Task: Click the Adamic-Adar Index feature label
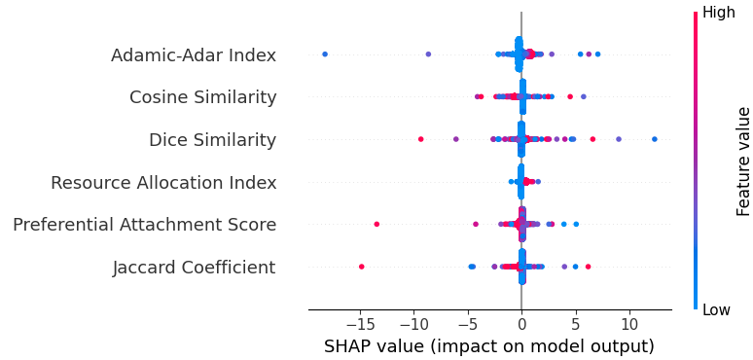193,55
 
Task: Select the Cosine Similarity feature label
202,97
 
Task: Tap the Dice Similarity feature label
212,140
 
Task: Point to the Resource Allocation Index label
163,183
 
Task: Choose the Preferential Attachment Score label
144,225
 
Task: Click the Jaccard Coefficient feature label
194,268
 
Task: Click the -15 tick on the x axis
361,323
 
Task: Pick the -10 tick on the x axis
414,323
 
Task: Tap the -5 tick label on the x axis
468,323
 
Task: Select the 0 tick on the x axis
521,323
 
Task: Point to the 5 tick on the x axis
575,323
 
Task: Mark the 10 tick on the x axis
628,323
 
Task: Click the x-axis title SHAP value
488,346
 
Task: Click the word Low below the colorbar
717,309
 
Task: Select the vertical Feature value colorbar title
743,161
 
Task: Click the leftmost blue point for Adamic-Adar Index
325,54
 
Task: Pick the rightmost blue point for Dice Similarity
654,139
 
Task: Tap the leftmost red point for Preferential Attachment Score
376,224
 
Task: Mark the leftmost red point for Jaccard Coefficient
362,267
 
